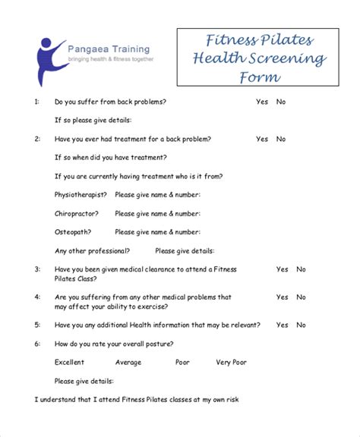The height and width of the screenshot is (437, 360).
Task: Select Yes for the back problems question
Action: [262, 102]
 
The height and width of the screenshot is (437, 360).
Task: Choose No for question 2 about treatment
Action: [281, 139]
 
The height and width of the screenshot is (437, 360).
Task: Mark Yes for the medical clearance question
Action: [282, 269]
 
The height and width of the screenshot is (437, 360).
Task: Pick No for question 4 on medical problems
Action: [302, 297]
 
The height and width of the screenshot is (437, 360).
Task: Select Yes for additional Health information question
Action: [282, 325]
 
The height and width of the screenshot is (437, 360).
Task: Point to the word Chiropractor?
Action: [77, 213]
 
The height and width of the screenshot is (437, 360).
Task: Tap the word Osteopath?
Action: [73, 231]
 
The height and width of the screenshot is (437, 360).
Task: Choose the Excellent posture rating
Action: [70, 362]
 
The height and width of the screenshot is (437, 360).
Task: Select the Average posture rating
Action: [128, 362]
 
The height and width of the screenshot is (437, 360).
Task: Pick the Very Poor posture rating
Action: [231, 362]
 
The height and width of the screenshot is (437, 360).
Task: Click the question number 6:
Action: [37, 344]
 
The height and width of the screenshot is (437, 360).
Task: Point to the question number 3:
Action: [37, 269]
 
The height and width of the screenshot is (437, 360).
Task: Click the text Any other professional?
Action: [92, 250]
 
